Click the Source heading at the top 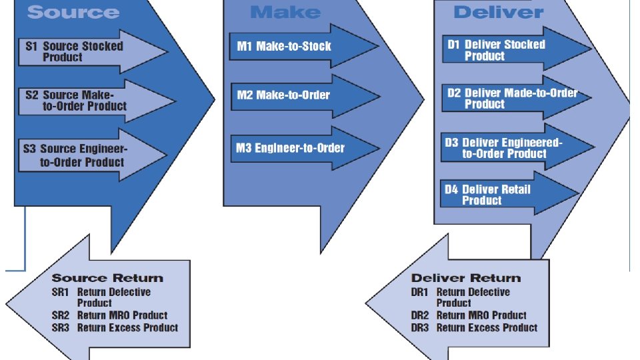73,12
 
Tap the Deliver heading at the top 498,12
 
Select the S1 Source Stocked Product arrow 87,52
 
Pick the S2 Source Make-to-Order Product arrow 87,101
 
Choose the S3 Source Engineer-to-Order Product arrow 87,155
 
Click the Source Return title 107,278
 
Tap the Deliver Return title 466,278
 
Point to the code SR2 61,315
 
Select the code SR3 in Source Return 61,327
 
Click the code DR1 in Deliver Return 420,292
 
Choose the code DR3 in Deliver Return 420,327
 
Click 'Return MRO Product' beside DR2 481,315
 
